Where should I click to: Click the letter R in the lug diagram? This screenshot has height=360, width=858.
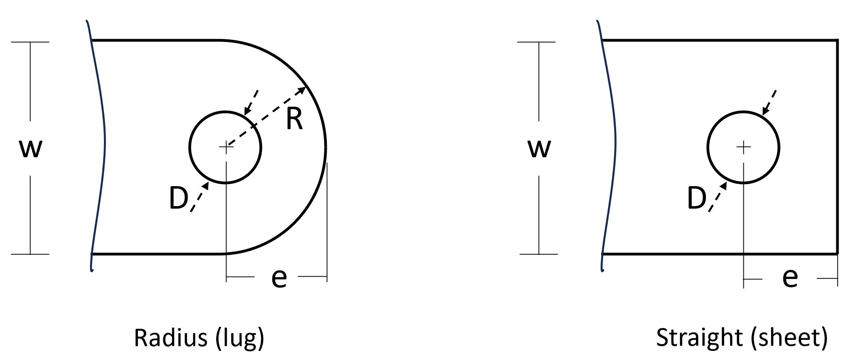click(x=294, y=119)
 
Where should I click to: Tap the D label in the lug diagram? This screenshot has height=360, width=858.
click(x=178, y=198)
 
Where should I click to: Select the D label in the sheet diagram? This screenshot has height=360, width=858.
click(x=697, y=198)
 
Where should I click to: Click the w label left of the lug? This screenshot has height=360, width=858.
click(x=31, y=149)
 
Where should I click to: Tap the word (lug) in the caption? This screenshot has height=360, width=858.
click(x=240, y=339)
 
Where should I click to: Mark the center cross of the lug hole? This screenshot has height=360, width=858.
click(x=226, y=147)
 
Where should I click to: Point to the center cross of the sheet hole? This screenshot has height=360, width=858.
click(x=744, y=147)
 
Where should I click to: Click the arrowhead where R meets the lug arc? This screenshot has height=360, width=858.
click(x=302, y=90)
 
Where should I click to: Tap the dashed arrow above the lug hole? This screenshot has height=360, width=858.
click(x=251, y=102)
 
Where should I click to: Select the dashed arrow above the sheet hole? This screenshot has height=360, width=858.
click(x=769, y=102)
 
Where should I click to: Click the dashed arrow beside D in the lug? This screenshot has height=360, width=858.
click(x=200, y=197)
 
